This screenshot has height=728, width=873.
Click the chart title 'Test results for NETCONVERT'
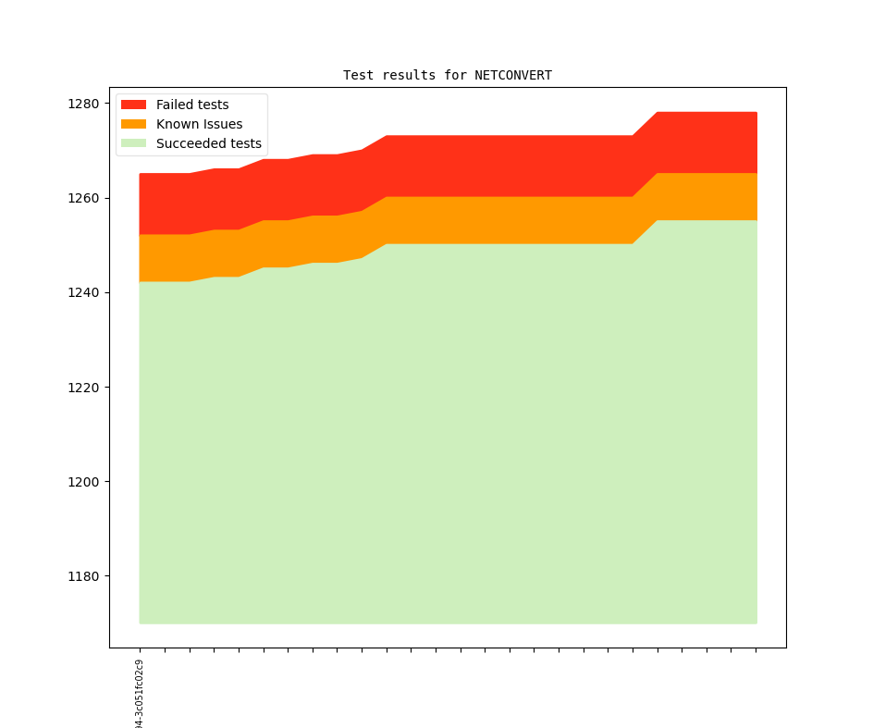pos(448,75)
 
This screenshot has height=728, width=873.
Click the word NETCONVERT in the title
pos(513,75)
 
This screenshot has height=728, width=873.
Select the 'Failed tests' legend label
pos(192,105)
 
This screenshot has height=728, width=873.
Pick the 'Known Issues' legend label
pos(199,124)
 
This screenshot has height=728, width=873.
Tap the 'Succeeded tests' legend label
pos(208,143)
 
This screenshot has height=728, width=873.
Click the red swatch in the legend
pos(134,105)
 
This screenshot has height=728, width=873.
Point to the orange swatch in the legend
pos(134,124)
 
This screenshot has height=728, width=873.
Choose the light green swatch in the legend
pos(134,143)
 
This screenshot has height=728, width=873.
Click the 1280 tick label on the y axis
pos(82,104)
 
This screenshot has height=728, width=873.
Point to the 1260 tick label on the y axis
pos(82,198)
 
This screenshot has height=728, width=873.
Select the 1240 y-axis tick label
pos(82,292)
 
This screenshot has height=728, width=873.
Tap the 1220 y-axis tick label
pos(82,387)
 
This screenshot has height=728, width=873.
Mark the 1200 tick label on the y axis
pos(82,481)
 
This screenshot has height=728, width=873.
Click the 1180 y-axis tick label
pos(82,575)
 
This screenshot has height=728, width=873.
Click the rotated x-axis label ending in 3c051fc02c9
pos(140,694)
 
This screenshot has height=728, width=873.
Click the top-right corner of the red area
pos(756,114)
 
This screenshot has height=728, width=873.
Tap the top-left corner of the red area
pos(141,175)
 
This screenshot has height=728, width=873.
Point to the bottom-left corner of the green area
pos(141,623)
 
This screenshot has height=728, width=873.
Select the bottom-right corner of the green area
pos(756,623)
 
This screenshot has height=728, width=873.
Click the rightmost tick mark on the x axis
pos(756,650)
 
